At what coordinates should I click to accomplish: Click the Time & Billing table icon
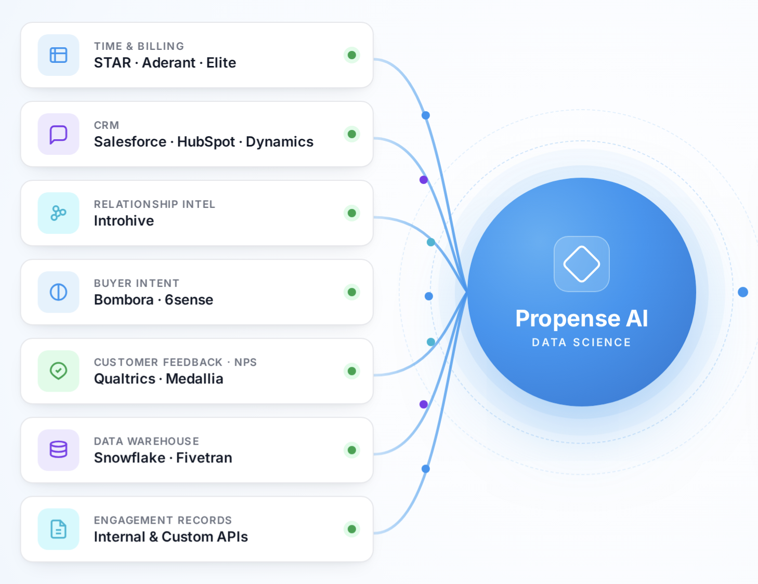point(58,55)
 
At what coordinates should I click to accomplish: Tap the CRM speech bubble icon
point(58,134)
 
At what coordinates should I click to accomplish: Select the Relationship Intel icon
point(58,213)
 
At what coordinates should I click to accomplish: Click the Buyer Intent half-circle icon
point(58,292)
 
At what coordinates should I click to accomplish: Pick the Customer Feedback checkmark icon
point(58,371)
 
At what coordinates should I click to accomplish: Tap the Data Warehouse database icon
point(58,449)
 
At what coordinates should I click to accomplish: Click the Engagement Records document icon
point(58,528)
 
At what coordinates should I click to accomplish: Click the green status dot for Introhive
point(351,213)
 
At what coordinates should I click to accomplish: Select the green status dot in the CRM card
point(351,134)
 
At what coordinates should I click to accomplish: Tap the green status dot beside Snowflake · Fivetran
point(351,450)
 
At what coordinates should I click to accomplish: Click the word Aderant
point(168,63)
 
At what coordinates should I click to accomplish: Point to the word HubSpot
point(206,142)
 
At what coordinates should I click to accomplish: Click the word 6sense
point(189,300)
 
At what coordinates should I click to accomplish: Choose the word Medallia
point(194,379)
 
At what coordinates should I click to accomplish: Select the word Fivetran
point(204,458)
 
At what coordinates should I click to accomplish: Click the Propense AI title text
point(581,319)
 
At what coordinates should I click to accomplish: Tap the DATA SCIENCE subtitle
point(581,342)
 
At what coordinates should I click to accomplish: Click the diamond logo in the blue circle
point(581,264)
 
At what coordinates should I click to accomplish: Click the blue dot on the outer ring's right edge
point(742,292)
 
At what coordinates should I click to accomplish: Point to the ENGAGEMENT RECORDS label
point(163,520)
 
